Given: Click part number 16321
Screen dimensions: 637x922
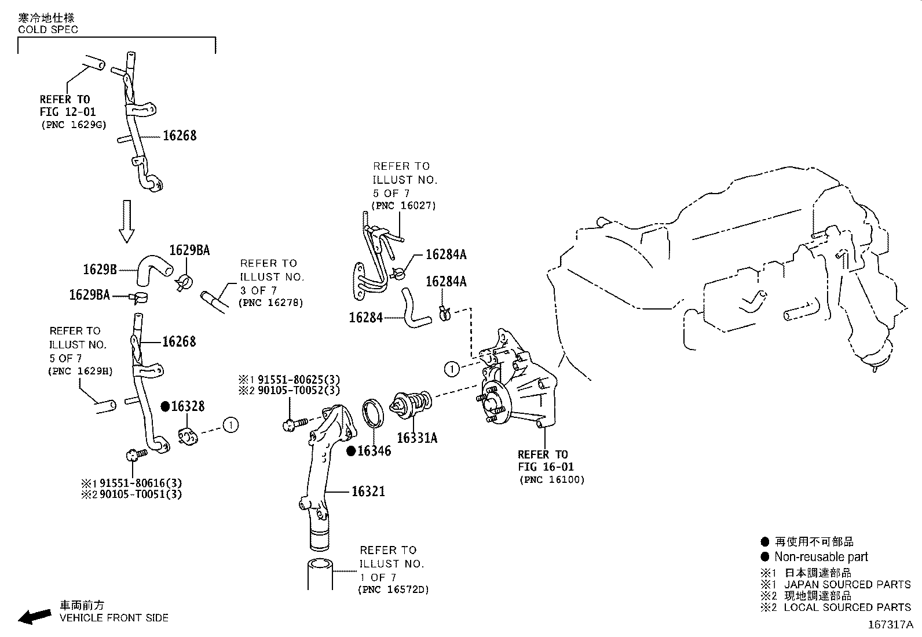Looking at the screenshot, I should [x=368, y=492].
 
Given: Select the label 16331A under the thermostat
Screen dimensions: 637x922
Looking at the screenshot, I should [x=417, y=438].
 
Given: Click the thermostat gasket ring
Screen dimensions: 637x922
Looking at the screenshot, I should [x=373, y=414].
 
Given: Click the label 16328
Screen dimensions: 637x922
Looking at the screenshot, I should [x=188, y=407].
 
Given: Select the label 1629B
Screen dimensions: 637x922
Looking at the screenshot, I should [x=100, y=269].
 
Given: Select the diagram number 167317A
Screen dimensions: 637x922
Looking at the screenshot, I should [x=890, y=625].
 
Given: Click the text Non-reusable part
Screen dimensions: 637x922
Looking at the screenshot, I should [x=821, y=557].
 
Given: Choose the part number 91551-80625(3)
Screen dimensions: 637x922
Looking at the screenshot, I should [x=297, y=380].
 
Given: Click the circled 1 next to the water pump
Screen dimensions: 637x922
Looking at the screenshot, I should [x=452, y=368].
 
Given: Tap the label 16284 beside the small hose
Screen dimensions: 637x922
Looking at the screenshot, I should [x=365, y=318].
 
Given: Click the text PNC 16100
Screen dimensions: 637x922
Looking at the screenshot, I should [x=552, y=479].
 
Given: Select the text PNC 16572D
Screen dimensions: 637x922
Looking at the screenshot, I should [x=393, y=589].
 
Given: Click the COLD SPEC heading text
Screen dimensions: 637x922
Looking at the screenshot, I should [x=48, y=29].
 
